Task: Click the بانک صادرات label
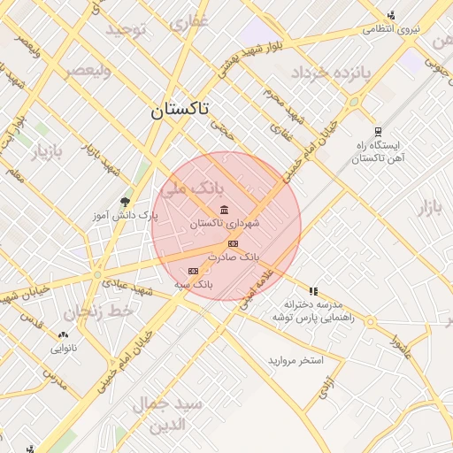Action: (234, 257)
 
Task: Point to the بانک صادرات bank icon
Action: (233, 243)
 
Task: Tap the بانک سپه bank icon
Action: (194, 271)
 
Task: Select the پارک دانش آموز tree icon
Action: (125, 202)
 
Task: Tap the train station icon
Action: (378, 131)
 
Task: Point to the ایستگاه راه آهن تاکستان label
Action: (378, 151)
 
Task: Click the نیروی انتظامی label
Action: (390, 29)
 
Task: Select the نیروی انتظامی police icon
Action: (391, 14)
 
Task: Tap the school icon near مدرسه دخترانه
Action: (313, 290)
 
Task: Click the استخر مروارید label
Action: (297, 361)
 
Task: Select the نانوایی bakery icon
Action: (63, 334)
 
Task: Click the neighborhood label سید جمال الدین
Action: (168, 413)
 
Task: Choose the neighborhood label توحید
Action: (131, 29)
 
